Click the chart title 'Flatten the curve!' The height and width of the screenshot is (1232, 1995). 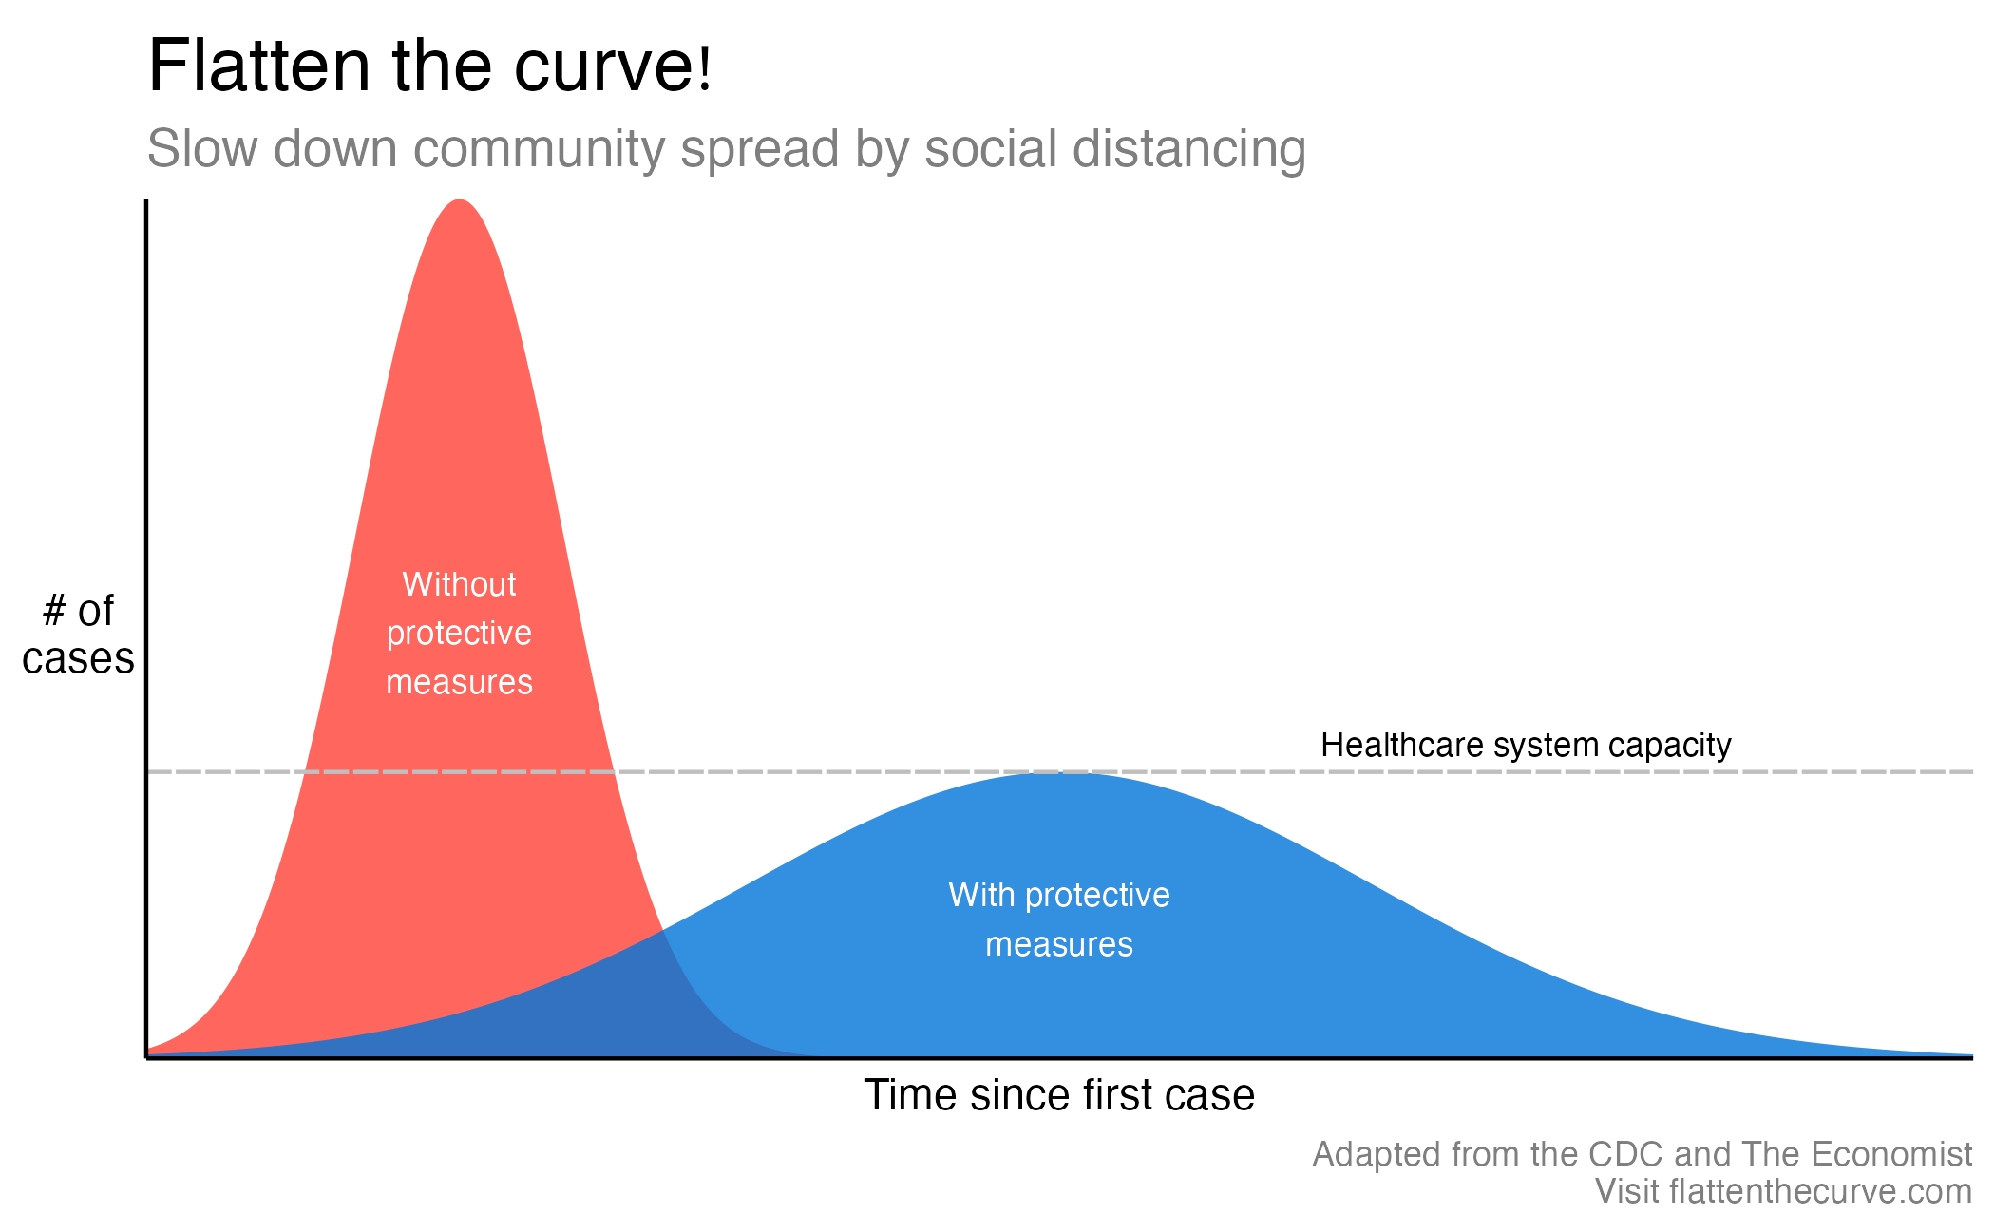429,66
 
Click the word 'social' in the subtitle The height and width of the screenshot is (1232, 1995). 991,149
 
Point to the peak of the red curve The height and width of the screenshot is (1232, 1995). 460,200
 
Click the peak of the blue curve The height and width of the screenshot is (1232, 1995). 1054,774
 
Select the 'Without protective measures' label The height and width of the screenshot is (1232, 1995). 460,634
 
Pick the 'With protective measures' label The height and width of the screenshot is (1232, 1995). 1059,919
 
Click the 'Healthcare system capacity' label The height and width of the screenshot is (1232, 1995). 1526,746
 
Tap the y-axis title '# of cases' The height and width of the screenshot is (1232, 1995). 78,635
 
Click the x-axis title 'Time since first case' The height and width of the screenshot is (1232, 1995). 1059,1095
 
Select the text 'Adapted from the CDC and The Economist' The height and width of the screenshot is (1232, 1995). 1642,1154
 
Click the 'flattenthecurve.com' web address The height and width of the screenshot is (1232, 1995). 1820,1191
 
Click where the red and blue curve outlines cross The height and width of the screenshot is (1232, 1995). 662,930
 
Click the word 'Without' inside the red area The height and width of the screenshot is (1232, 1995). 460,584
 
